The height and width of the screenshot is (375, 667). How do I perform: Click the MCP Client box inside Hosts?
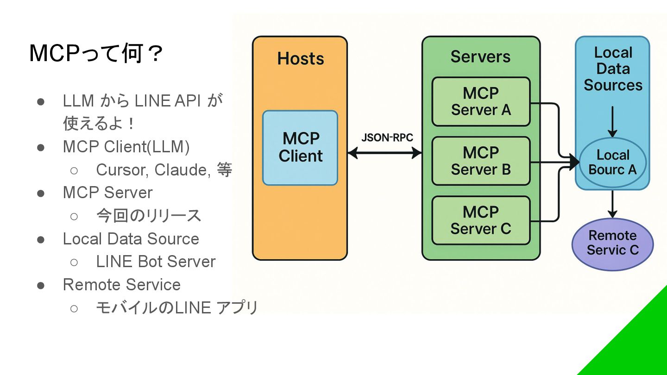tap(300, 148)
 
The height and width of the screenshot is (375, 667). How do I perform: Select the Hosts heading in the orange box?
tap(301, 59)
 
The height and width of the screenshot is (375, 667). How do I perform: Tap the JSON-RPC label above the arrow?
tap(387, 137)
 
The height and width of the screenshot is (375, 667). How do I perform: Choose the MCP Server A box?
tap(481, 102)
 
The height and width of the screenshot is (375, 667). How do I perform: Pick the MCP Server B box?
tap(481, 161)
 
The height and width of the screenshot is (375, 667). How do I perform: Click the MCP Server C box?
tap(481, 220)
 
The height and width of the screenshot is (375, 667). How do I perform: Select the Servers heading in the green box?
tap(480, 56)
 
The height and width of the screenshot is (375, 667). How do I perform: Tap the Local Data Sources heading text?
tap(613, 69)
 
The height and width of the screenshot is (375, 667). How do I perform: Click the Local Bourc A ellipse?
tap(612, 162)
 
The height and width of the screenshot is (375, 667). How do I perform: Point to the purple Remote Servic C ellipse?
tap(612, 244)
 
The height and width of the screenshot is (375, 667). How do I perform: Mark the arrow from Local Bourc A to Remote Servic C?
tap(612, 204)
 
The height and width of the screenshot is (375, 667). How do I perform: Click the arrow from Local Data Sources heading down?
tap(612, 121)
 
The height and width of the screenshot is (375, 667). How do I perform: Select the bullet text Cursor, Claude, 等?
tap(164, 170)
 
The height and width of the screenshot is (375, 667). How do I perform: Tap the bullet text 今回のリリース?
tap(149, 216)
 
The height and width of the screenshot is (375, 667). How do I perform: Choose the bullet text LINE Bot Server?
tap(156, 262)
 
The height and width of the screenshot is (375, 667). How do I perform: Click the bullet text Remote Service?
tap(122, 285)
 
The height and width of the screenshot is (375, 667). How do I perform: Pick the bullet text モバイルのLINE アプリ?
tap(176, 307)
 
